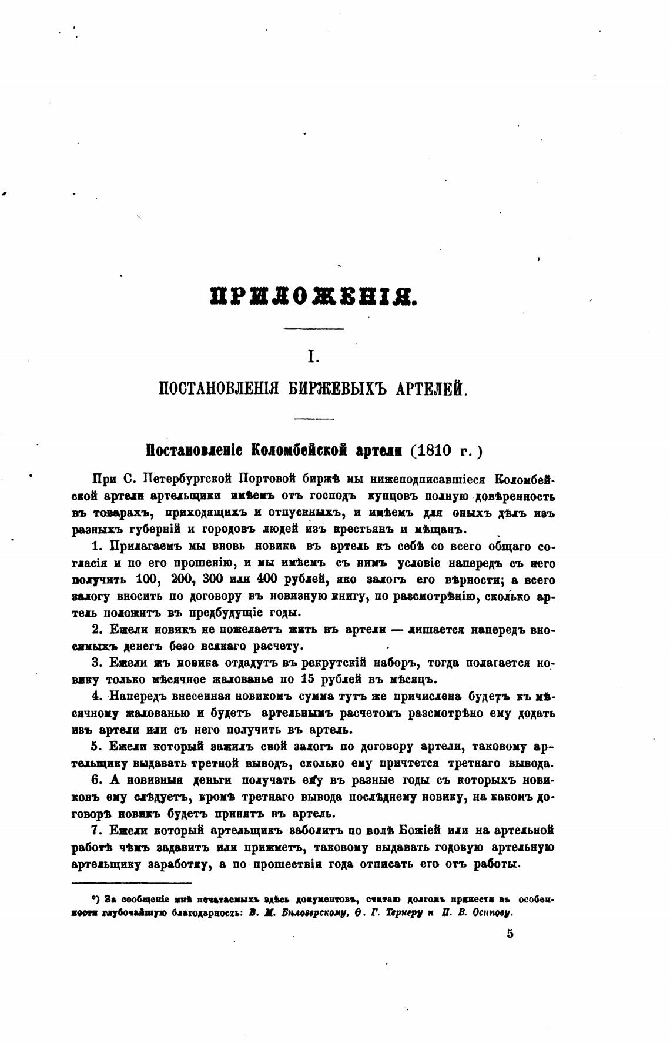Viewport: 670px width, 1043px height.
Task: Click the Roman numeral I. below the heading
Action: click(313, 356)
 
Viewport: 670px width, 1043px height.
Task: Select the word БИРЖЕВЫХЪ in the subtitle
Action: click(329, 388)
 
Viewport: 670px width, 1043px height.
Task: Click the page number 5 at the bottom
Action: click(510, 934)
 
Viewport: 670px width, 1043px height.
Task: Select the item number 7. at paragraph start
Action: click(98, 830)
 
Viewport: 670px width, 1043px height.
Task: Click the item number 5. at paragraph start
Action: click(98, 747)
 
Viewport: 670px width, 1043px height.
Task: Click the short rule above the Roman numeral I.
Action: click(313, 328)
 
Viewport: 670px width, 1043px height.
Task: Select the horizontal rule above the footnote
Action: click(132, 882)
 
